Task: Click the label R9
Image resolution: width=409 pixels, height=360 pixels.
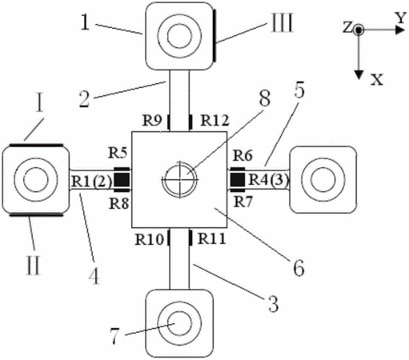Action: pos(152,121)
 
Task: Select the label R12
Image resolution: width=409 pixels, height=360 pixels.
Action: pos(215,120)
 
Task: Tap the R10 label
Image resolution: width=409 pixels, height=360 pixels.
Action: pos(150,239)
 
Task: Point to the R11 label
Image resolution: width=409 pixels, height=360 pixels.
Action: pos(212,238)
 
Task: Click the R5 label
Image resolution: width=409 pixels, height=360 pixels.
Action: pos(118,154)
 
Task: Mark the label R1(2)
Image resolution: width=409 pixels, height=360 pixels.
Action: pos(91,182)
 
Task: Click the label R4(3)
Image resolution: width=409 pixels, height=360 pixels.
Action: pos(269,180)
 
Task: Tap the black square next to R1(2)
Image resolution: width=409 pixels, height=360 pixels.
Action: pos(122,179)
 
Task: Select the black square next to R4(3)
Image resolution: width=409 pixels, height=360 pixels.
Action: pos(238,179)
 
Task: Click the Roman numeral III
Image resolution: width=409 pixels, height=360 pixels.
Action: pos(283,23)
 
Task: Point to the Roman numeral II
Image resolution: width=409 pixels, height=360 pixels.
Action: pos(34,265)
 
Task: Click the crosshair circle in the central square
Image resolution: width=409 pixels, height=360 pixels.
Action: pos(180,179)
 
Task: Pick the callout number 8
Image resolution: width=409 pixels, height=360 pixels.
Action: pos(265,98)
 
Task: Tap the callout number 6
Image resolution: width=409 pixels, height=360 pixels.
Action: pos(299,267)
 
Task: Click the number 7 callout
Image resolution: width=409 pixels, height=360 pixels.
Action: pos(114,336)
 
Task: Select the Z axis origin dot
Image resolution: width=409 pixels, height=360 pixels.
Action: pos(359,30)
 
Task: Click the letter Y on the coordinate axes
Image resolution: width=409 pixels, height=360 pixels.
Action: pos(400,18)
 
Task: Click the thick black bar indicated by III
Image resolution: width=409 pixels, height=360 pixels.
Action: pos(215,35)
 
